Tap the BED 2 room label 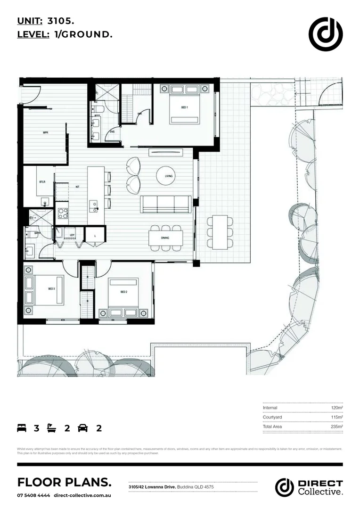124,292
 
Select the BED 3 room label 51,288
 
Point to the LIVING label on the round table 169,176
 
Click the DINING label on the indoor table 165,238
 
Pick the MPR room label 46,133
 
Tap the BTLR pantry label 42,181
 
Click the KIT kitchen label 77,187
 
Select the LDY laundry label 72,234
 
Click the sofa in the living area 166,204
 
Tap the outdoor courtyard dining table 220,232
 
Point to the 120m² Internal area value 336,408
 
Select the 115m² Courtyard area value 336,417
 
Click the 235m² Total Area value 336,427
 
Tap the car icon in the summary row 83,428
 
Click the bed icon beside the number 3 22,428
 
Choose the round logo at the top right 326,34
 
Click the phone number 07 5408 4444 33,495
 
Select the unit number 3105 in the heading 60,21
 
